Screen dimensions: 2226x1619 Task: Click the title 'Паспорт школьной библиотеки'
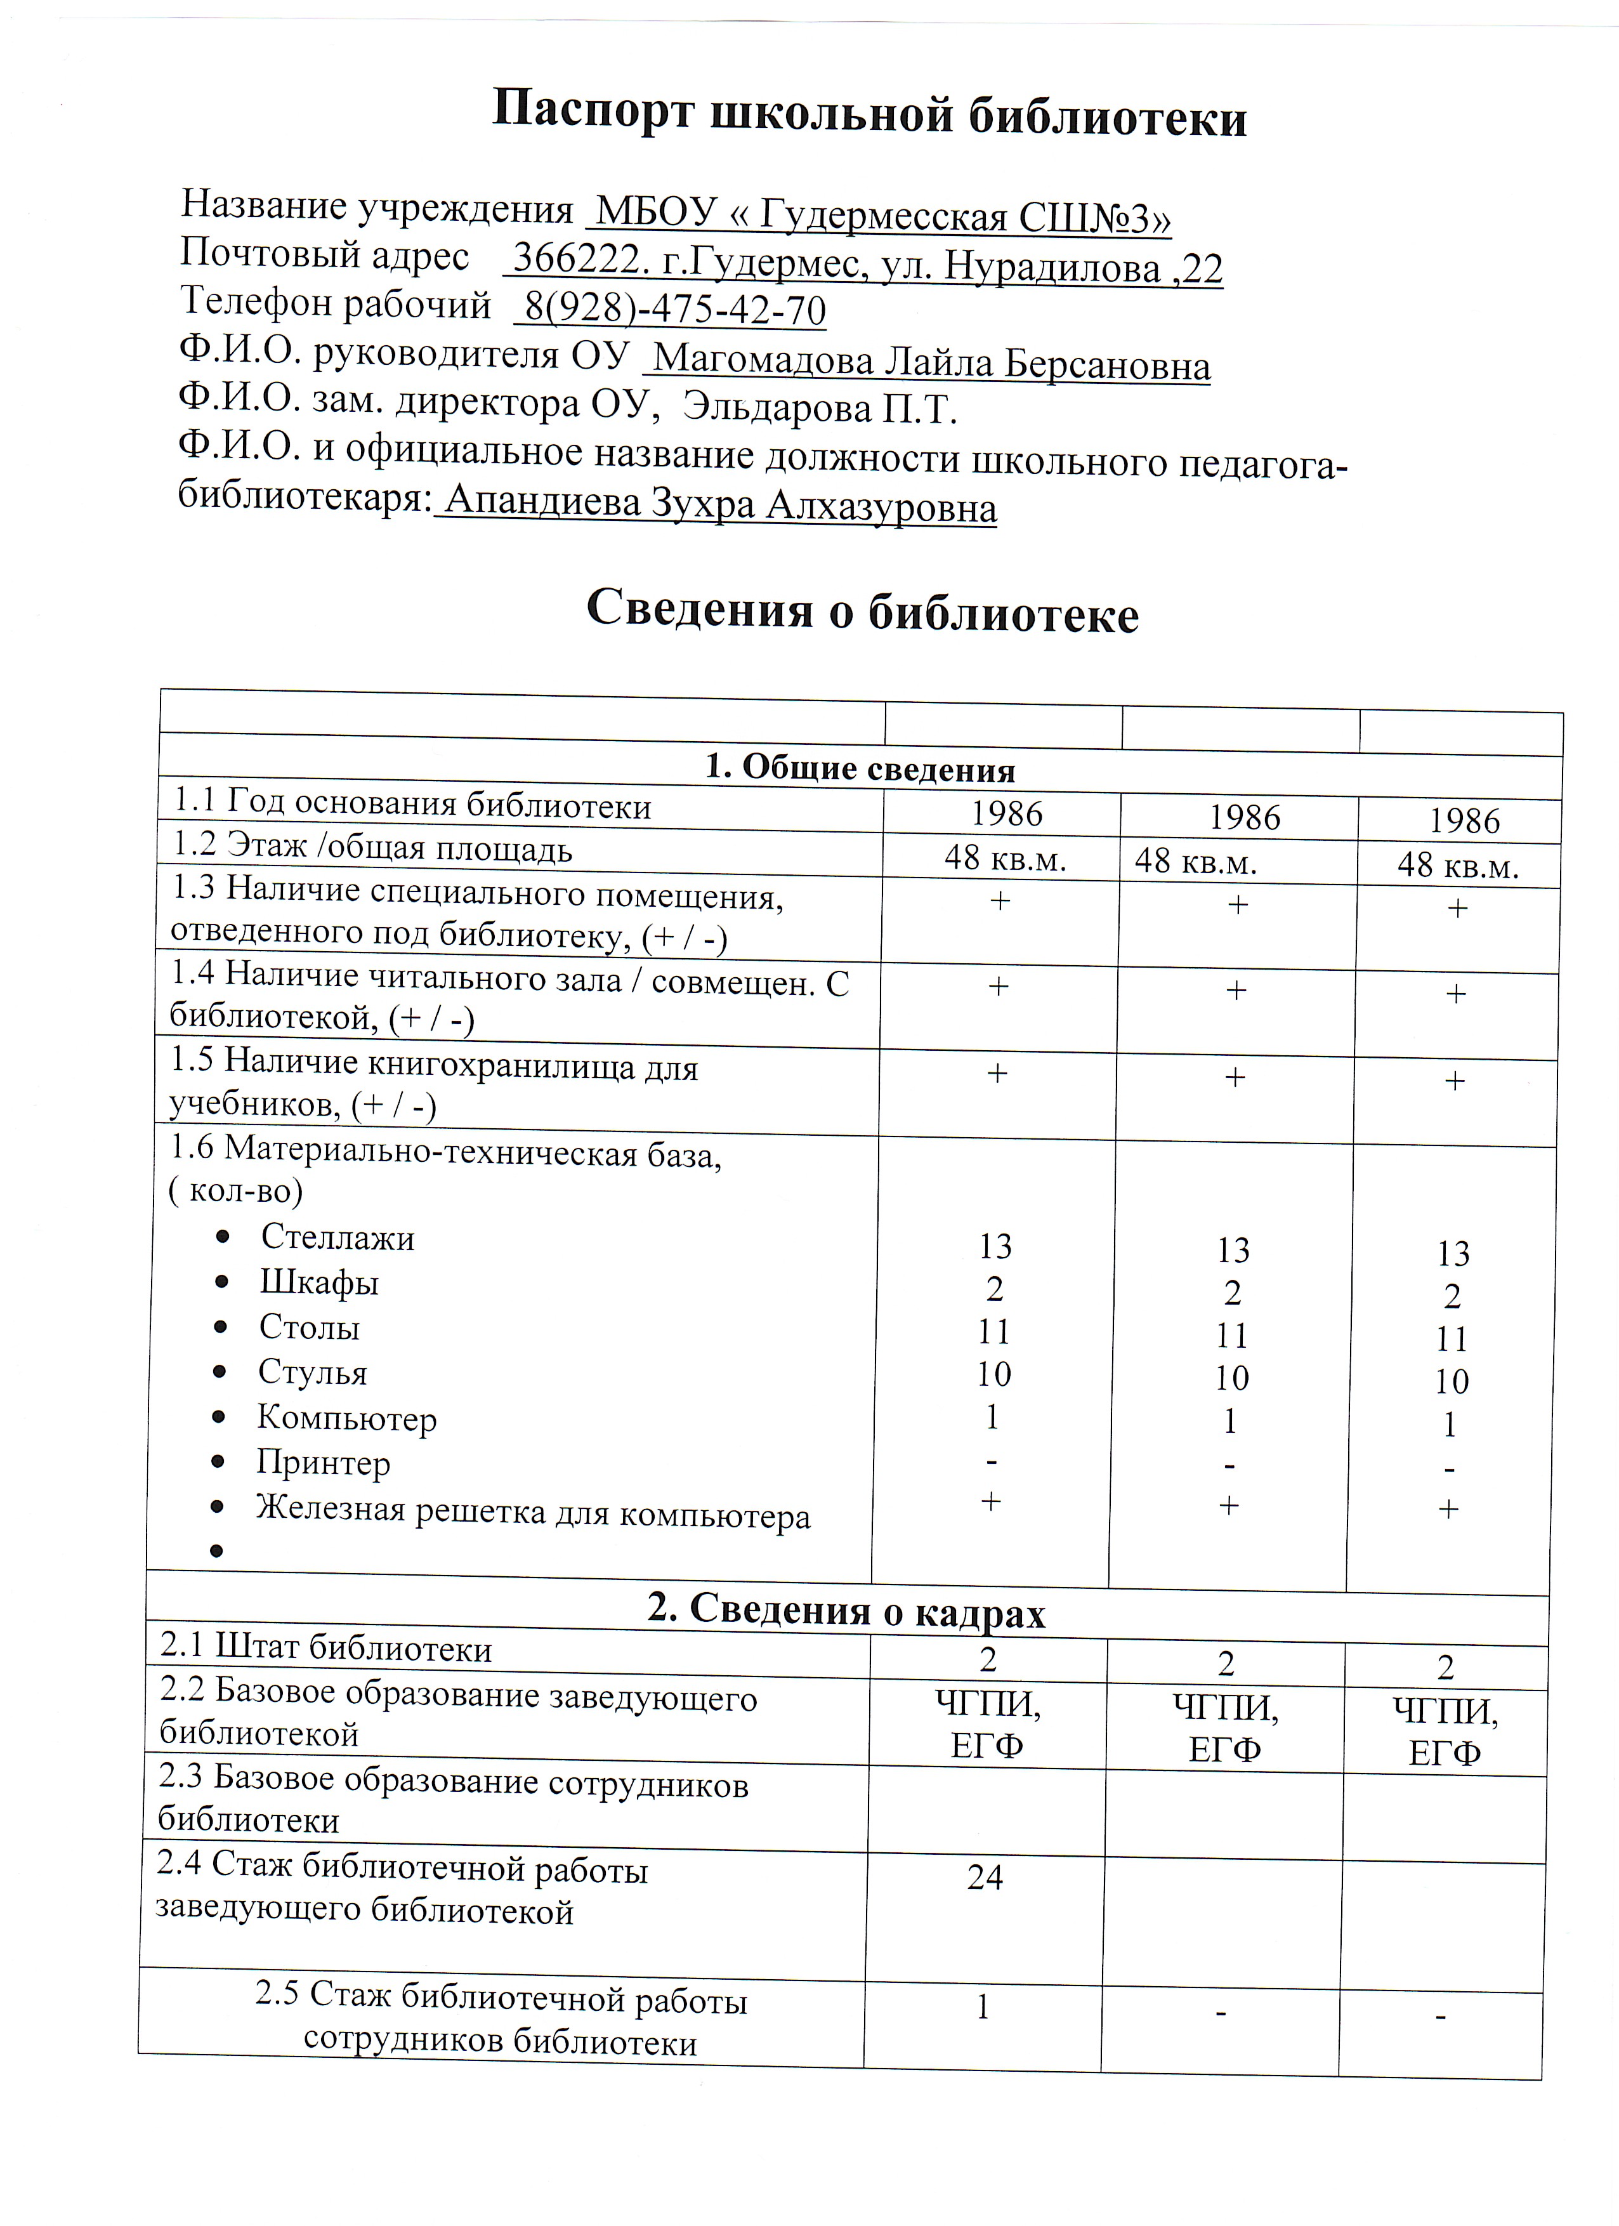pos(868,115)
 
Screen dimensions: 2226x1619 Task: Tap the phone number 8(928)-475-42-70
pos(675,310)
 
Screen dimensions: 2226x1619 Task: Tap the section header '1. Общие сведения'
pos(860,768)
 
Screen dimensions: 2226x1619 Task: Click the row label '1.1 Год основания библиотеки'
pos(412,805)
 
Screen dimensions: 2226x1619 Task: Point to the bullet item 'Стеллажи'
pos(338,1237)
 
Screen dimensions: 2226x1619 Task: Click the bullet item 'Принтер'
pos(324,1463)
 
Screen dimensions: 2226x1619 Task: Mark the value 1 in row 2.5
pos(982,2006)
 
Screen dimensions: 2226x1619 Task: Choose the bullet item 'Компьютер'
pos(346,1418)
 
